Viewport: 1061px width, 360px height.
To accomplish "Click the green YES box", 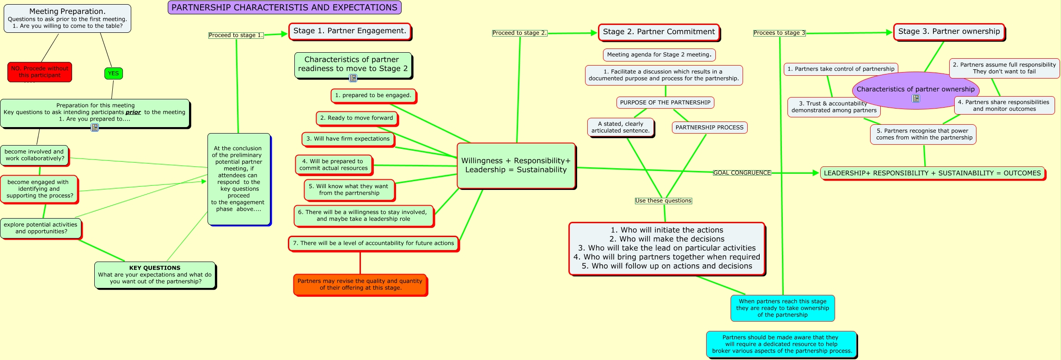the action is click(113, 73).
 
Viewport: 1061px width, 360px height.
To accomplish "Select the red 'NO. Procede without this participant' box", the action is click(40, 72).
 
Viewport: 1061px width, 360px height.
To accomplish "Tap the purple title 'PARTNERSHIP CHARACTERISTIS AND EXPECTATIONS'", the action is click(284, 7).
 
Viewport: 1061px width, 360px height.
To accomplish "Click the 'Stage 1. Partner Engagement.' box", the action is click(350, 31).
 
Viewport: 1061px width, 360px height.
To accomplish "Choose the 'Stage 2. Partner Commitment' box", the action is click(659, 32).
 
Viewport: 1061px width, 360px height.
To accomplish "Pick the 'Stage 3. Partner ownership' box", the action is click(949, 32).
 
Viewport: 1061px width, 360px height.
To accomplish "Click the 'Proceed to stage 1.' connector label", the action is click(236, 35).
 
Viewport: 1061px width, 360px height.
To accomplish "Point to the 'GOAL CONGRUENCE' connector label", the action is click(742, 173).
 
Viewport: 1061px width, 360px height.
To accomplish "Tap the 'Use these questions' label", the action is click(664, 201).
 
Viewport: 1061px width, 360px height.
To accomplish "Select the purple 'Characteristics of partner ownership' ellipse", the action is click(915, 91).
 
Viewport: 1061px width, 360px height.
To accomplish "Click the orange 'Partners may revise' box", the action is click(360, 285).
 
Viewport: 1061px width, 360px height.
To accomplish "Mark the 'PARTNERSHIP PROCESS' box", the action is click(710, 128).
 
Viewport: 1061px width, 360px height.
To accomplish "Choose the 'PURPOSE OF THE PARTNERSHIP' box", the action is click(665, 103).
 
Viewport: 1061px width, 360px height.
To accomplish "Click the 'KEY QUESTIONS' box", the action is click(155, 275).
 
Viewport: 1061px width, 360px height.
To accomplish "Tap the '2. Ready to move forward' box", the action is click(357, 118).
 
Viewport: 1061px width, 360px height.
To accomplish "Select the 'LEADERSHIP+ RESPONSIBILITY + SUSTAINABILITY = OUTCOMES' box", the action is click(933, 173).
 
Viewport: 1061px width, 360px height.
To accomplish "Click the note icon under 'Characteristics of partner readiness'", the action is click(353, 78).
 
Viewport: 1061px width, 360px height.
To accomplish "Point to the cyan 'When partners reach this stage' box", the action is click(783, 308).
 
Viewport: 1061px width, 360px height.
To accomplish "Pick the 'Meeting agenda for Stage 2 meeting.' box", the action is click(659, 55).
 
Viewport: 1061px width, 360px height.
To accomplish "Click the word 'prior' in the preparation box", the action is click(133, 112).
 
